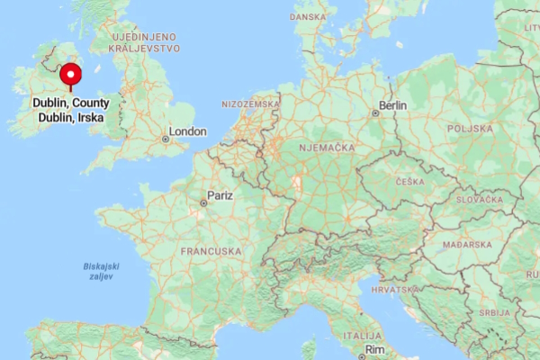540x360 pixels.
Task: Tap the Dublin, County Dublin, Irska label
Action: pos(71,110)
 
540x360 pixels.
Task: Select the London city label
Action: pos(188,131)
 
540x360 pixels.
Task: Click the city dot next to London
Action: pos(165,139)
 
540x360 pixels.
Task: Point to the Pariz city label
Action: pos(220,194)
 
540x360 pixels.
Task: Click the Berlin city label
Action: pos(392,105)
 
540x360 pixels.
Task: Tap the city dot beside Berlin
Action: pos(375,113)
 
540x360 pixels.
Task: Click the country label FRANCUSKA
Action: pos(211,250)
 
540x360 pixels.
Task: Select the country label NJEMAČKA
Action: pos(327,146)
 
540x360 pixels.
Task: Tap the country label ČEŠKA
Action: pos(409,182)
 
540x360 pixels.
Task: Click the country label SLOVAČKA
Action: pos(478,199)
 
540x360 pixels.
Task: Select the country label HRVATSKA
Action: pos(393,290)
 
